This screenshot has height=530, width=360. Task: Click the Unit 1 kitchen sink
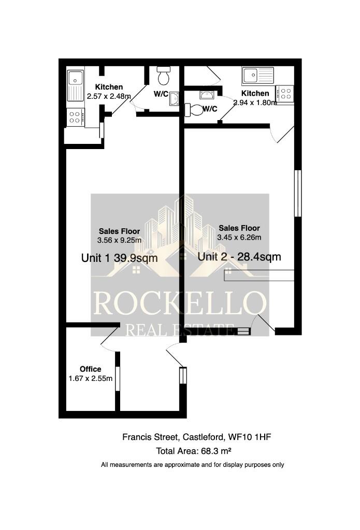(76, 86)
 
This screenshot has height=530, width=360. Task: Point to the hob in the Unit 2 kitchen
(285, 94)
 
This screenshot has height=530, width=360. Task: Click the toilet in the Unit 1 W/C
(164, 78)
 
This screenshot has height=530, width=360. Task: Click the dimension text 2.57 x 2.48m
(109, 96)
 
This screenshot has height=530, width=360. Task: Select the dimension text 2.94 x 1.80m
(255, 102)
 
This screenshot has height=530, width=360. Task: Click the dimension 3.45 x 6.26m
(239, 237)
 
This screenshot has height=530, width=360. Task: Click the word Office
(90, 369)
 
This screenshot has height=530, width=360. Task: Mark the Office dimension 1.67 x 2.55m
(90, 378)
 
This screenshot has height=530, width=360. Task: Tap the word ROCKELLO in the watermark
(179, 303)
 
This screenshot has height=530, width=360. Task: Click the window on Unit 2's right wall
(297, 193)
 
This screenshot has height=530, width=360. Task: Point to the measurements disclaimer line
(192, 465)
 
